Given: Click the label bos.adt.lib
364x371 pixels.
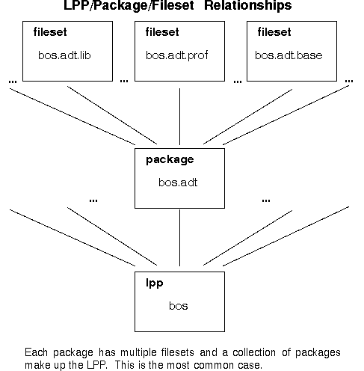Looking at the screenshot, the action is point(64,55).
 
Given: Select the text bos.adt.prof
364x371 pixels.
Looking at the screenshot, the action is point(176,55).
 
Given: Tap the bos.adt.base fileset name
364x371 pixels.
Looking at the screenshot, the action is point(289,55).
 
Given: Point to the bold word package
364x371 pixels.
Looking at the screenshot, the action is point(170,160).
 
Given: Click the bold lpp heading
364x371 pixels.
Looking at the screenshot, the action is point(155,283).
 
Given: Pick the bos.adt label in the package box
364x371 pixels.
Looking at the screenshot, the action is point(178,183).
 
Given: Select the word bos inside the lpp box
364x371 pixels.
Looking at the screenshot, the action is point(179,306).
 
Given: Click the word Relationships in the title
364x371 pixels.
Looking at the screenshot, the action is point(247,5).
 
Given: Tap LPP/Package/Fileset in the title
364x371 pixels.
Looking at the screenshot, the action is point(129,6).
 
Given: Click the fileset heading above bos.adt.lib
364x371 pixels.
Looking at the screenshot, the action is point(50,32).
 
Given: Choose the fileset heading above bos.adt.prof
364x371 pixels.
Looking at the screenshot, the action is point(162,32).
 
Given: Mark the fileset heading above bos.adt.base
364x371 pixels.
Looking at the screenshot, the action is point(274,32).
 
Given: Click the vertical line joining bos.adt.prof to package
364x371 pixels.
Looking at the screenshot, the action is point(179,117).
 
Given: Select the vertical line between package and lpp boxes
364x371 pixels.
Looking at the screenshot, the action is point(179,238).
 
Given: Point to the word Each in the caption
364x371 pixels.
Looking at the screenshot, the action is point(36,352).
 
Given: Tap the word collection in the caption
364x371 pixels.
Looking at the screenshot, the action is point(254,352).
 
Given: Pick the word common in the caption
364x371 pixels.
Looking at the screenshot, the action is point(214,366).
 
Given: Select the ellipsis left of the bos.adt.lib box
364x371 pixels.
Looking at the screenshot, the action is point(13,82).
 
